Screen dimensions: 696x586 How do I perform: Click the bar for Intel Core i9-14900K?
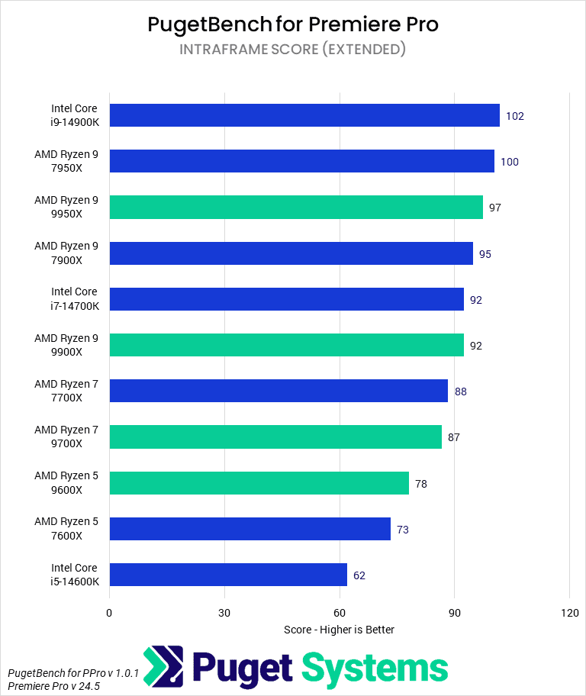click(x=304, y=116)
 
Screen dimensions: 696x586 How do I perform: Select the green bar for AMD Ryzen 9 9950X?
click(x=296, y=208)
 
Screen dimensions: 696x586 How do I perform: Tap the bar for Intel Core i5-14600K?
click(x=228, y=575)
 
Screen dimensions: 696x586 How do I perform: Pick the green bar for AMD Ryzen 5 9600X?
click(x=259, y=483)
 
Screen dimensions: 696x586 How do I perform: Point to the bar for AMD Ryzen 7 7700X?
click(x=279, y=391)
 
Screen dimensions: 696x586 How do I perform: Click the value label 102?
click(x=515, y=116)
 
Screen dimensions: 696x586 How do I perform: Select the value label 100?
click(x=510, y=162)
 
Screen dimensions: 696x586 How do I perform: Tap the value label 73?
click(x=403, y=529)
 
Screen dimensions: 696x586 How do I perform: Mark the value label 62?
click(x=359, y=575)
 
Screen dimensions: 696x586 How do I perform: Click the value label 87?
click(x=454, y=437)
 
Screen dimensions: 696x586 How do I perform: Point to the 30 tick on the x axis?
click(x=224, y=613)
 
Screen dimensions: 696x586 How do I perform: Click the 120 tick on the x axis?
click(x=569, y=613)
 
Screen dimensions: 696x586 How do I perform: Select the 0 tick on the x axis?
click(x=109, y=613)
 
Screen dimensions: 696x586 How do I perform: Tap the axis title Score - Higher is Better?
click(x=339, y=630)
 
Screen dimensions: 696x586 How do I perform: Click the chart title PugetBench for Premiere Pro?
click(x=293, y=24)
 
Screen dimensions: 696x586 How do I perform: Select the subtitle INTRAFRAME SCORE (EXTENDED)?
click(x=293, y=50)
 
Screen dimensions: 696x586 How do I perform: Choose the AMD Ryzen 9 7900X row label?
click(x=66, y=253)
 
